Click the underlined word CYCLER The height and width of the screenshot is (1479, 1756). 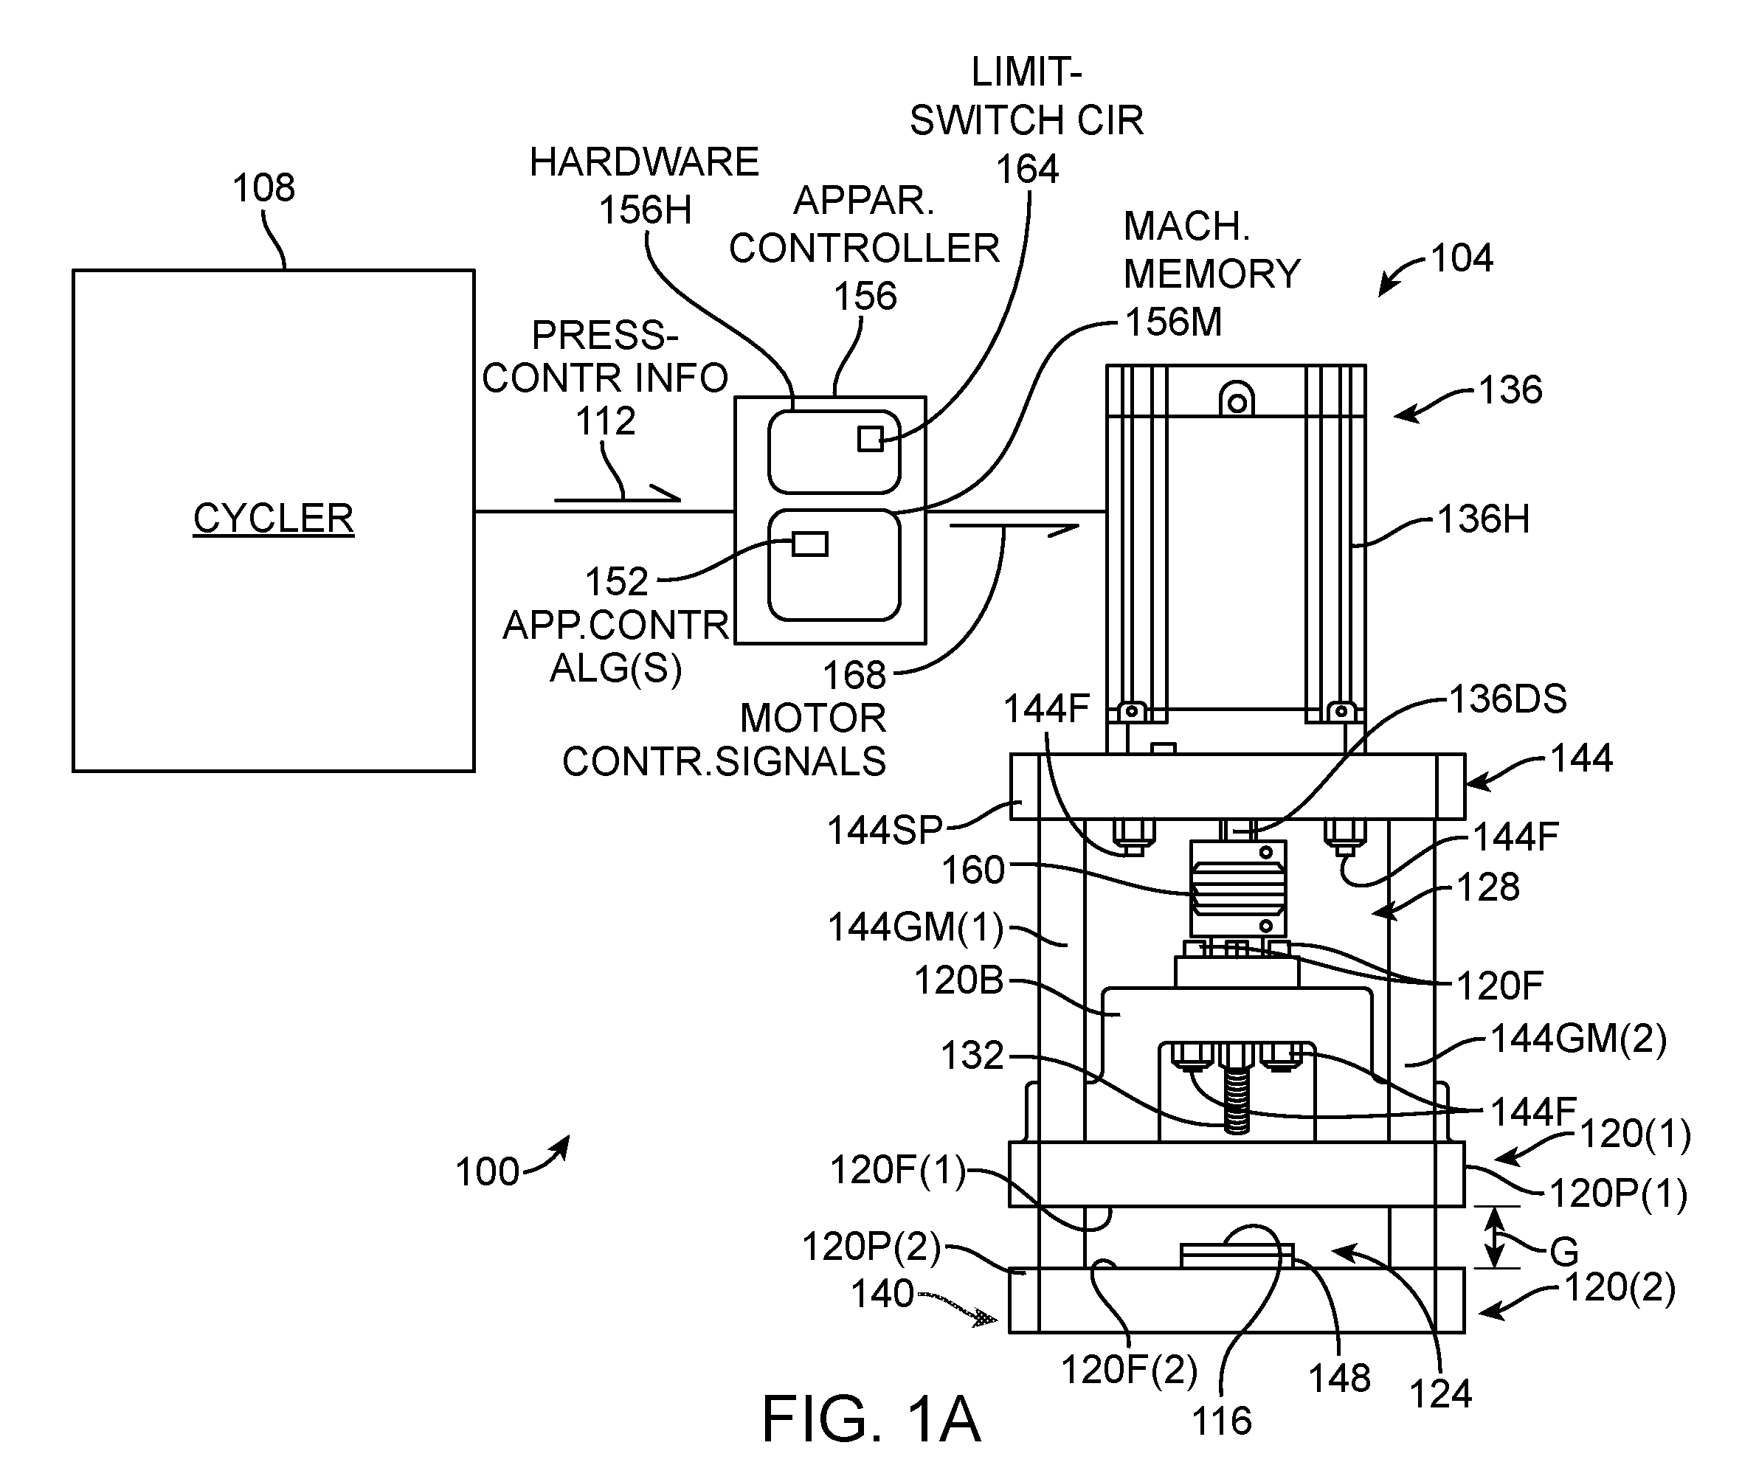[274, 517]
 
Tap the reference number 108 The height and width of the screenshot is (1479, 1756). [263, 188]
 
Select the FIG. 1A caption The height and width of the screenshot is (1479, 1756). [871, 1419]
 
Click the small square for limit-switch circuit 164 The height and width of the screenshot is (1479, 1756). [871, 438]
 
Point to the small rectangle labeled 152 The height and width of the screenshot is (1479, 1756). [810, 544]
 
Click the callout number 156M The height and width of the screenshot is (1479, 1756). [1173, 322]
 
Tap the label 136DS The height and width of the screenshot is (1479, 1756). [1509, 699]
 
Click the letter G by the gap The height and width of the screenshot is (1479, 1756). [1564, 1253]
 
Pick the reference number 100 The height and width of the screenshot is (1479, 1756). [487, 1172]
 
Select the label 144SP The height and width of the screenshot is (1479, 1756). [885, 830]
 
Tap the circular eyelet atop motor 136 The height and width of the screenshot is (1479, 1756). [1237, 403]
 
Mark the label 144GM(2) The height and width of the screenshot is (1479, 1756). [1578, 1039]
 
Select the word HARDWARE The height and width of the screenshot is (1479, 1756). [644, 162]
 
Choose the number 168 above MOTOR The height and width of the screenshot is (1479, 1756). [854, 675]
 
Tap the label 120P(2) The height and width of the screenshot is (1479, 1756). [871, 1247]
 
